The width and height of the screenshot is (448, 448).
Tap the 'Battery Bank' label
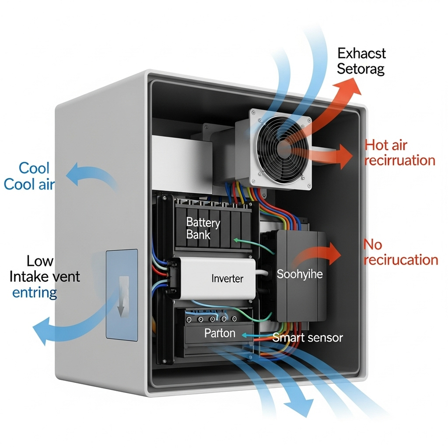pos(198,228)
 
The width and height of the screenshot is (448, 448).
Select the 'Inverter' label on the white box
pos(227,278)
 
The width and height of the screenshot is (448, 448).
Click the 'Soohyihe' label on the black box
pos(300,274)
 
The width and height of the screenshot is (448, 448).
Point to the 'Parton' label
pos(220,333)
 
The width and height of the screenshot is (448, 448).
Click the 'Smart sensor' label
pos(308,337)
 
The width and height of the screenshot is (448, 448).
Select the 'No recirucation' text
pos(401,252)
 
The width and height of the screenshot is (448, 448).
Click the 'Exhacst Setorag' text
pos(361,61)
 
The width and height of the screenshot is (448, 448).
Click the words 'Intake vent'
pos(45,276)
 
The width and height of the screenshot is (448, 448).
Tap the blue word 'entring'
pos(34,292)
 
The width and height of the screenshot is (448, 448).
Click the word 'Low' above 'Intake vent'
pos(40,261)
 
